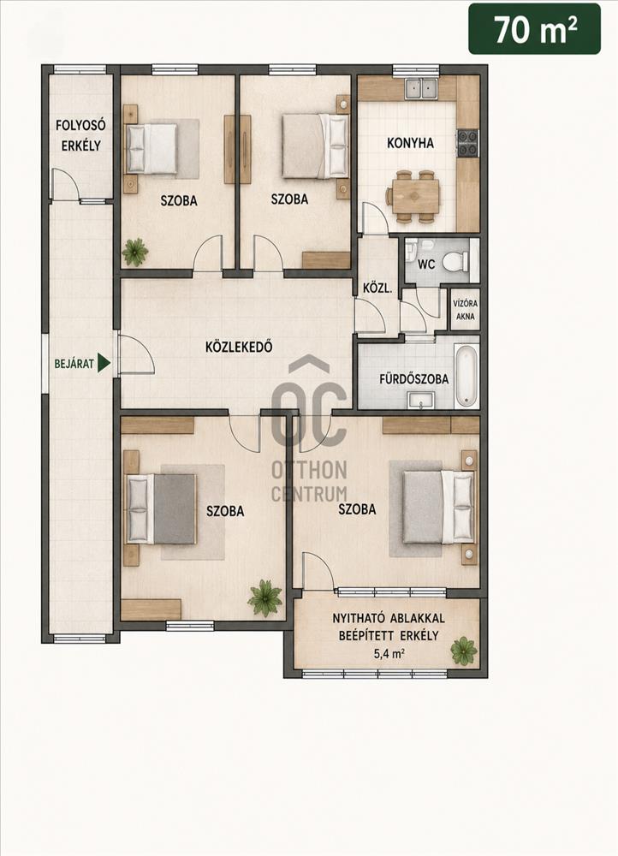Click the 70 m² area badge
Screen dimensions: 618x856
coord(534,29)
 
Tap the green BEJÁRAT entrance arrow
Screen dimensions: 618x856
coord(104,363)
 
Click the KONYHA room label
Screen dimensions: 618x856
coord(410,143)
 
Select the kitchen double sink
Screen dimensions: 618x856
coord(421,88)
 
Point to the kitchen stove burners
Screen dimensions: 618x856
coord(467,142)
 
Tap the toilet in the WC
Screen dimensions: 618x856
coord(455,262)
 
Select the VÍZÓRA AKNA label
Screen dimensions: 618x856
coord(465,310)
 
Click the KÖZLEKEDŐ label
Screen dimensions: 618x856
coord(239,347)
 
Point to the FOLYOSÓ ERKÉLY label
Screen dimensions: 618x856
coord(80,135)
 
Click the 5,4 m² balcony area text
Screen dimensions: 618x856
coord(389,653)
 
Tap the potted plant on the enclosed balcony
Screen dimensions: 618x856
coord(464,651)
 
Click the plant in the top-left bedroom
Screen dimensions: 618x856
coord(135,252)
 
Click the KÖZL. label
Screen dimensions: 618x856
coord(377,288)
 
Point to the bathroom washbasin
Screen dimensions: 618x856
coord(420,403)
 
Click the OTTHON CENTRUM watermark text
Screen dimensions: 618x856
coord(309,481)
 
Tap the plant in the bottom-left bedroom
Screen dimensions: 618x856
coord(264,598)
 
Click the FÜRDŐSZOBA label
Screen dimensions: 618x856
coord(413,378)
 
